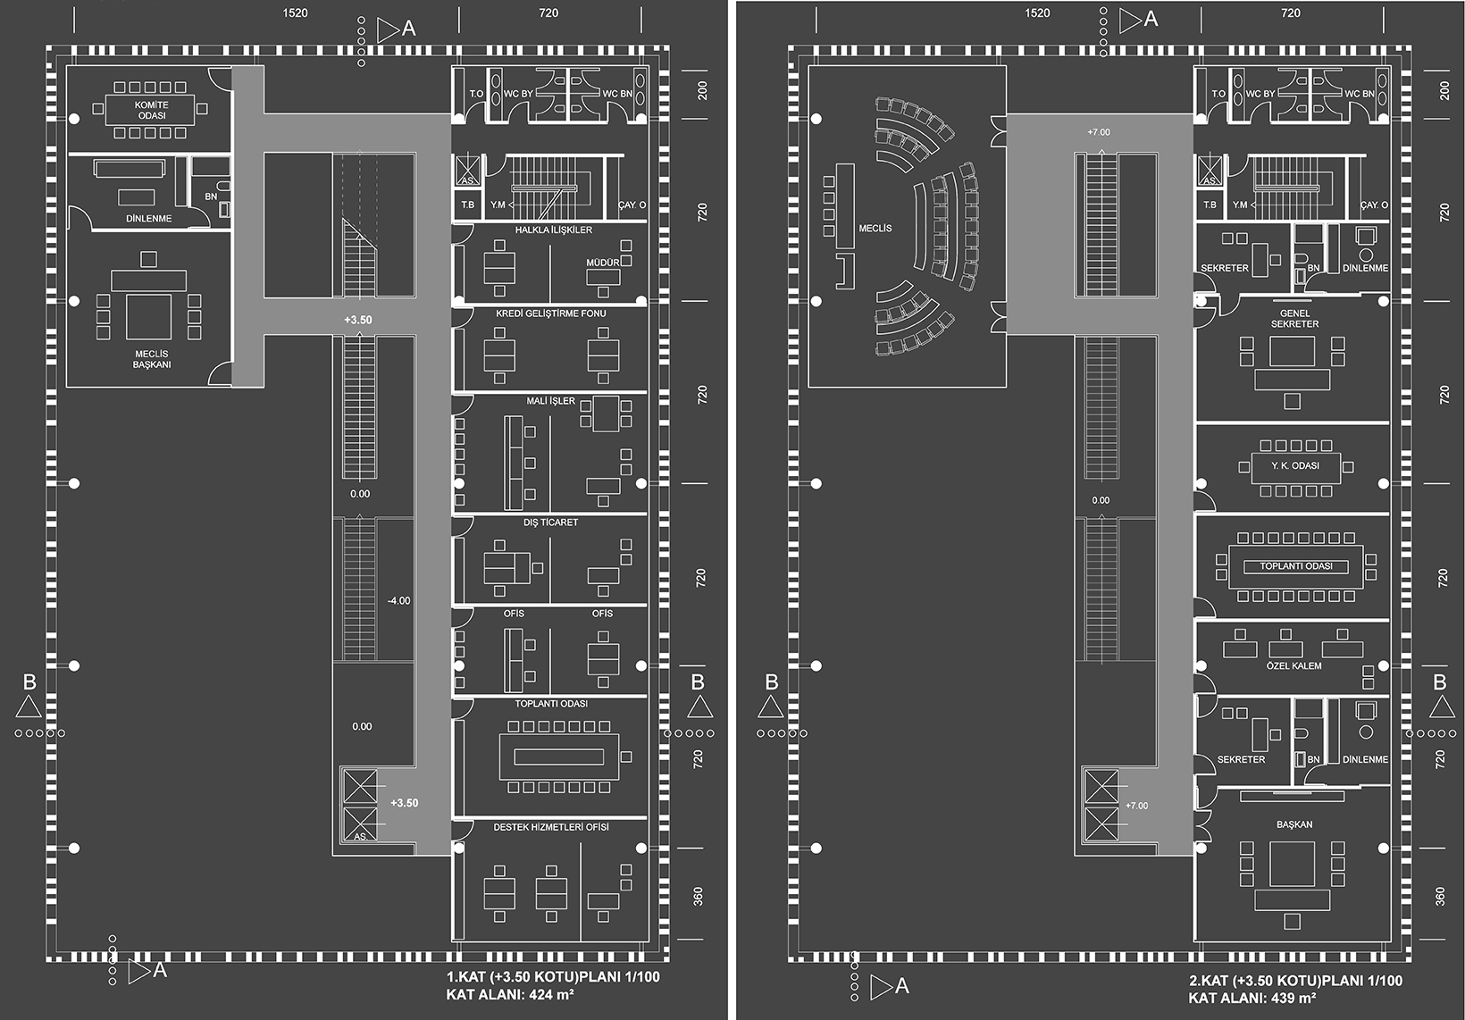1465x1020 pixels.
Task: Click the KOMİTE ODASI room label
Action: click(152, 110)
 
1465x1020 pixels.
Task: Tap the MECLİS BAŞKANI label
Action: click(152, 359)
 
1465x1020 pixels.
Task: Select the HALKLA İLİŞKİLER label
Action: click(553, 230)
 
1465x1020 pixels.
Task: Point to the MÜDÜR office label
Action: click(603, 263)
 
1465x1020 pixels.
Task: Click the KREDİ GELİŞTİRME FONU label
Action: click(550, 314)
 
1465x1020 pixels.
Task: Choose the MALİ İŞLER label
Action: click(550, 401)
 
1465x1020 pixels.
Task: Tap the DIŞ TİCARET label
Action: click(550, 523)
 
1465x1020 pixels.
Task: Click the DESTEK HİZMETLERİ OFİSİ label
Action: click(550, 827)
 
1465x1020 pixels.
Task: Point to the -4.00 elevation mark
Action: click(398, 601)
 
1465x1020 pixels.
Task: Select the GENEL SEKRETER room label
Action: click(1294, 319)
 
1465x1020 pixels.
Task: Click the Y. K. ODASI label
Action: click(1295, 466)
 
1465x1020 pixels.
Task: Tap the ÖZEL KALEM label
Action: click(1293, 666)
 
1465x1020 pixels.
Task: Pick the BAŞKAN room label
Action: click(1293, 824)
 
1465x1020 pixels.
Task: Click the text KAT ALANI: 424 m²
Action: click(510, 994)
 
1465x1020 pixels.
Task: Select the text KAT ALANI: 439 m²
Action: click(1252, 998)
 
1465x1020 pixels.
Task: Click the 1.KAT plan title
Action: click(553, 977)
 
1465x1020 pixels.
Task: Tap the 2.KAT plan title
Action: click(1295, 981)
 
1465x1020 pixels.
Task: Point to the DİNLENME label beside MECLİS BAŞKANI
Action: click(148, 219)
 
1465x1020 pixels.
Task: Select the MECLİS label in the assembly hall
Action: click(875, 229)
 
